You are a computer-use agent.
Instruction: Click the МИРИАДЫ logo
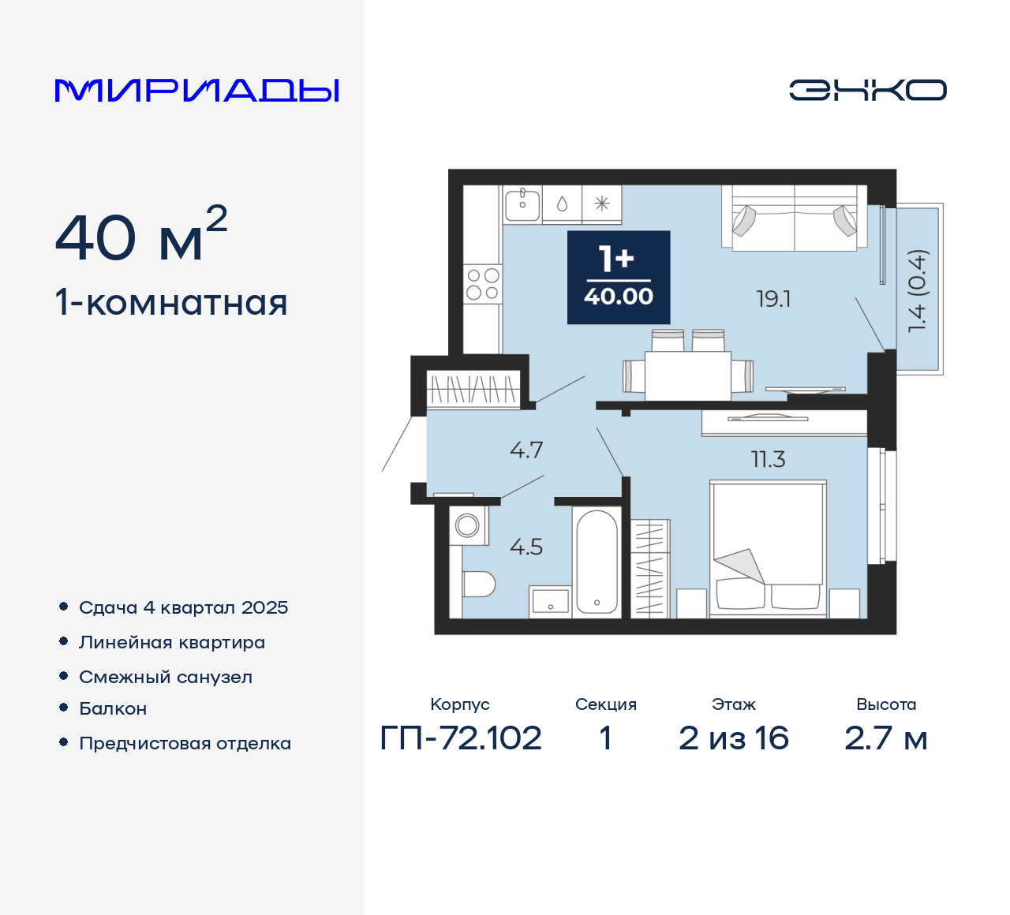click(196, 90)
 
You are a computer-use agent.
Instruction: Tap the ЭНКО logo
click(867, 90)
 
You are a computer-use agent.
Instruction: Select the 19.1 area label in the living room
click(773, 299)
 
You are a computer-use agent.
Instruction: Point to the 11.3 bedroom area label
click(768, 459)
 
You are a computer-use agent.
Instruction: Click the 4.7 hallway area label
click(526, 450)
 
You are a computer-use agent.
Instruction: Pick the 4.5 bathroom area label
click(526, 547)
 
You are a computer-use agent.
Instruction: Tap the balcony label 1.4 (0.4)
click(918, 291)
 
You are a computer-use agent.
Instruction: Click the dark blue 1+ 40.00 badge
click(619, 278)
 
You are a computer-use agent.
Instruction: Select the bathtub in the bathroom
click(597, 562)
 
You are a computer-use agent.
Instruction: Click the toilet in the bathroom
click(477, 584)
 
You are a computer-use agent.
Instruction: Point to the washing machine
click(468, 525)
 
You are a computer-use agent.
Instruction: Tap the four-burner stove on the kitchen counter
click(482, 284)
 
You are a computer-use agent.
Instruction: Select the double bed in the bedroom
click(768, 547)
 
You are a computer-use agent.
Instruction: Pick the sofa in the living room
click(794, 218)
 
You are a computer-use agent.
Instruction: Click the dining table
click(687, 375)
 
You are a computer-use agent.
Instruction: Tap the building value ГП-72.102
click(461, 738)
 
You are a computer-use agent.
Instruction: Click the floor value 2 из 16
click(733, 738)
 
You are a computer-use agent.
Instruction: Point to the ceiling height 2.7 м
click(885, 738)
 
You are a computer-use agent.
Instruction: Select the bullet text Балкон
click(113, 708)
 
